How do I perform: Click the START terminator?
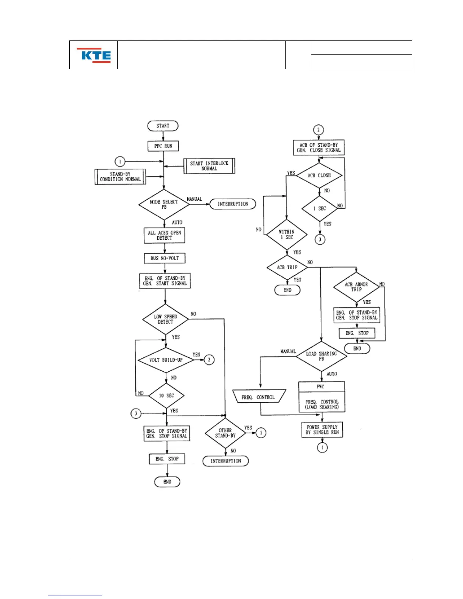(163, 126)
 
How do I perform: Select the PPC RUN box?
(163, 146)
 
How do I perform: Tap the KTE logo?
(94, 55)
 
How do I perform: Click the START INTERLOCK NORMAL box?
(209, 166)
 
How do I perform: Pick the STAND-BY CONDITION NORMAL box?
(120, 177)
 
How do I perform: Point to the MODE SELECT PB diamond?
(164, 204)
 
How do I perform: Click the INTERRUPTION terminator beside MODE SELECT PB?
(233, 204)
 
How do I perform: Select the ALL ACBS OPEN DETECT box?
(165, 235)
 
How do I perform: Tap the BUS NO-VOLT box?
(165, 258)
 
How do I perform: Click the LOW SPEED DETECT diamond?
(165, 319)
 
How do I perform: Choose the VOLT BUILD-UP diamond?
(166, 360)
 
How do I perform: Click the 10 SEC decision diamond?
(166, 396)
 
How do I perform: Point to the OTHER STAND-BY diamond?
(225, 433)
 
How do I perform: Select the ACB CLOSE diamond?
(319, 175)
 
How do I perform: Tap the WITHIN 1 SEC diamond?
(287, 234)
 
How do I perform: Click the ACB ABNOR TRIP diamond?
(356, 287)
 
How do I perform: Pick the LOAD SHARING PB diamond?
(321, 356)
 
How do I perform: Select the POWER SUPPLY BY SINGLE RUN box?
(322, 430)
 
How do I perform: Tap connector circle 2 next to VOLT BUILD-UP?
(209, 360)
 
